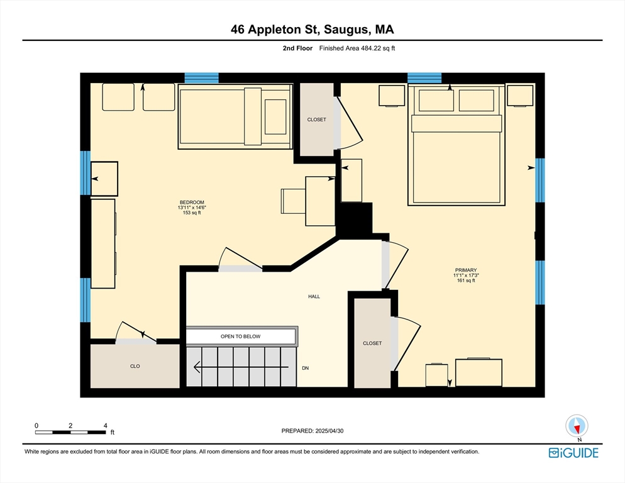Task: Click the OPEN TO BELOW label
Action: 240,336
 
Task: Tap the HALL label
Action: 314,296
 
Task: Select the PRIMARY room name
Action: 466,270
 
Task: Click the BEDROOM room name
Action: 192,203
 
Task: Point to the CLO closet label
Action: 135,366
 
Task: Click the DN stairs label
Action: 306,368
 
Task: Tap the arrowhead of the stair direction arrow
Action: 197,367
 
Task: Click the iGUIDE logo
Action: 573,453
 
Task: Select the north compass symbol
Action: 577,426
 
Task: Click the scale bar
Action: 70,432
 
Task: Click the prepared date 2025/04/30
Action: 329,431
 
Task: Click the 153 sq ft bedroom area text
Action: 192,213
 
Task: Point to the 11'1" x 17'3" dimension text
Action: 466,275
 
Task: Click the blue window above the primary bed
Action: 424,78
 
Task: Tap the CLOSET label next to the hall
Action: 372,343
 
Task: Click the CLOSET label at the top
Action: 316,119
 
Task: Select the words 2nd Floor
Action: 298,48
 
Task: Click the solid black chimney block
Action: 355,221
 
